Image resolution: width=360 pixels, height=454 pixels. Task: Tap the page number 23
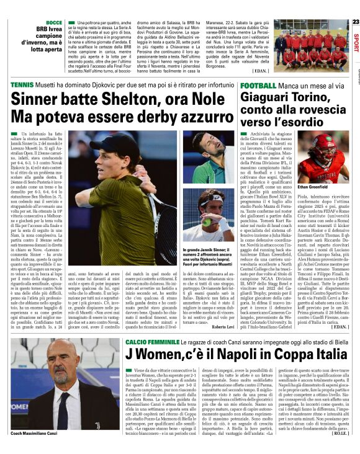pos(355,22)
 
